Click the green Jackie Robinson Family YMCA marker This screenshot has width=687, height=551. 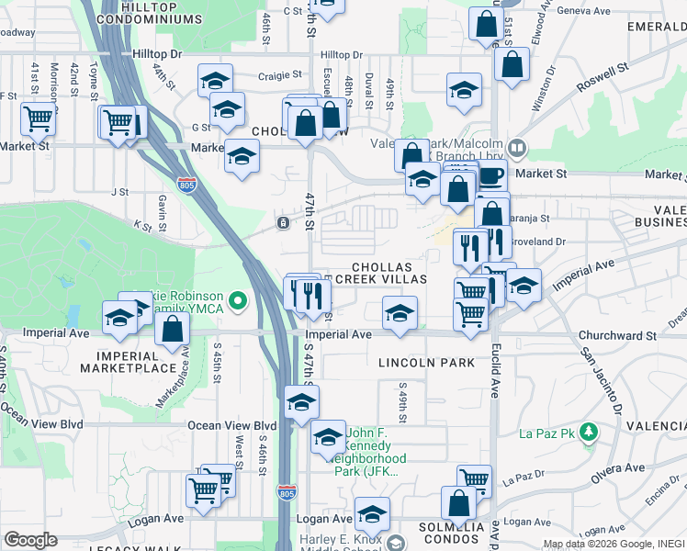pyautogui.click(x=238, y=299)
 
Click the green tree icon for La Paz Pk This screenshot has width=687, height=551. pyautogui.click(x=588, y=432)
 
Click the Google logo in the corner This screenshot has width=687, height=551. pyautogui.click(x=30, y=540)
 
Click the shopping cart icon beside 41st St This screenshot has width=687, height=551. pyautogui.click(x=39, y=118)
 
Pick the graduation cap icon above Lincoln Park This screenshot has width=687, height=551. pyautogui.click(x=400, y=313)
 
